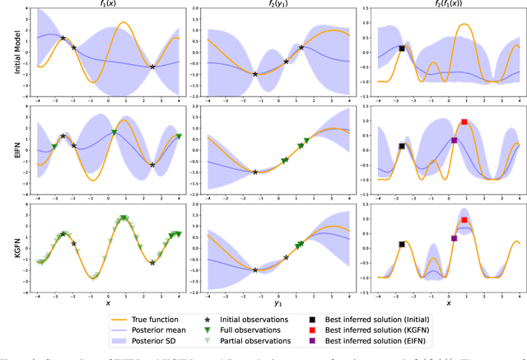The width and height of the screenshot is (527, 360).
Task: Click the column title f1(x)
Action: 108,6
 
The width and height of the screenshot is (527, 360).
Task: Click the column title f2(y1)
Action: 277,6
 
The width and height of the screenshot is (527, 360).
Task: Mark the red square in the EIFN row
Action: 464,122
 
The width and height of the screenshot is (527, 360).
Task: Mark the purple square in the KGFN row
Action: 454,238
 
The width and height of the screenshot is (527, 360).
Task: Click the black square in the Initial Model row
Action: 402,49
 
